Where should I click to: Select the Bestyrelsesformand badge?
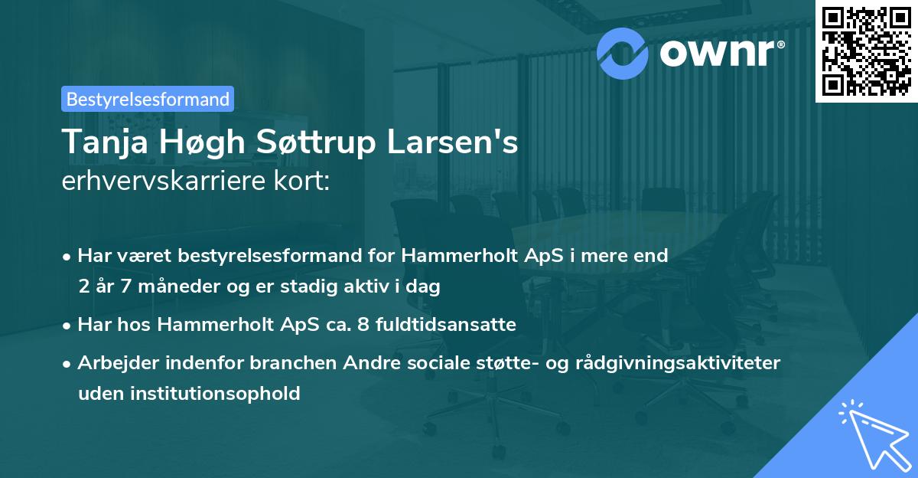(x=148, y=99)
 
